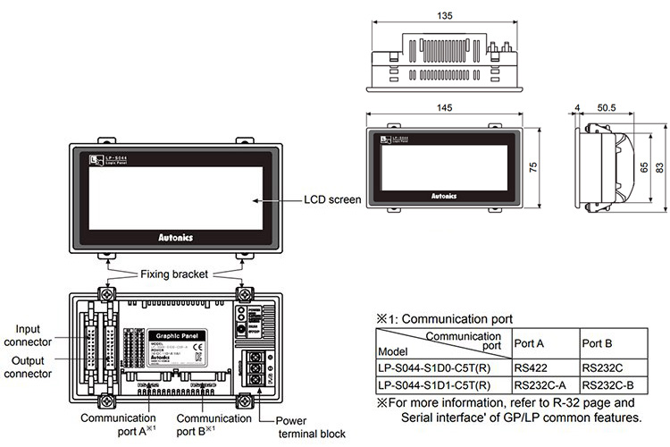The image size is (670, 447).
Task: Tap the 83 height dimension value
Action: coord(659,167)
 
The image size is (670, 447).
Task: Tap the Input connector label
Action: coord(27,334)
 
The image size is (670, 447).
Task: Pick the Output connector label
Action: coord(27,367)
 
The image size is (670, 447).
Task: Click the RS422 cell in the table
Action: coord(531,366)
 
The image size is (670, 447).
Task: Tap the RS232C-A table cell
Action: coord(540,385)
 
